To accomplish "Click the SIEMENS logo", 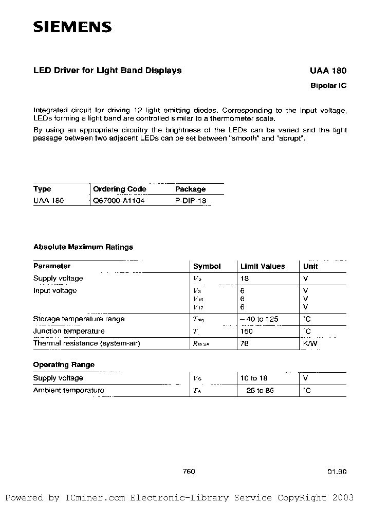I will click(72, 27).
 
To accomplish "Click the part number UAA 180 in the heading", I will click(328, 71).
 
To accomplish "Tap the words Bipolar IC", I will click(329, 85).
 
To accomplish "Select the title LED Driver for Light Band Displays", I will click(107, 71).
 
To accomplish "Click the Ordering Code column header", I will click(119, 189).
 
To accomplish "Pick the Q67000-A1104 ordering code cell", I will click(119, 200).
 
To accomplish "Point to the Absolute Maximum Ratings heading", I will click(83, 247).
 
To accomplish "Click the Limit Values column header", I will click(263, 266).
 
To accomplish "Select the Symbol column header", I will click(207, 266).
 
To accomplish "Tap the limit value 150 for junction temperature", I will click(246, 331).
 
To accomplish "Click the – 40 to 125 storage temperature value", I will click(259, 319).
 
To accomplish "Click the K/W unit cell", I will click(310, 343).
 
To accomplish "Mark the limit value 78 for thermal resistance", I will click(244, 343).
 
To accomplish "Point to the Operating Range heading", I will click(64, 364).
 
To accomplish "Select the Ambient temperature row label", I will click(68, 390).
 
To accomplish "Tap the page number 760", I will click(189, 472).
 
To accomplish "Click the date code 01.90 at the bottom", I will click(337, 472).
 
